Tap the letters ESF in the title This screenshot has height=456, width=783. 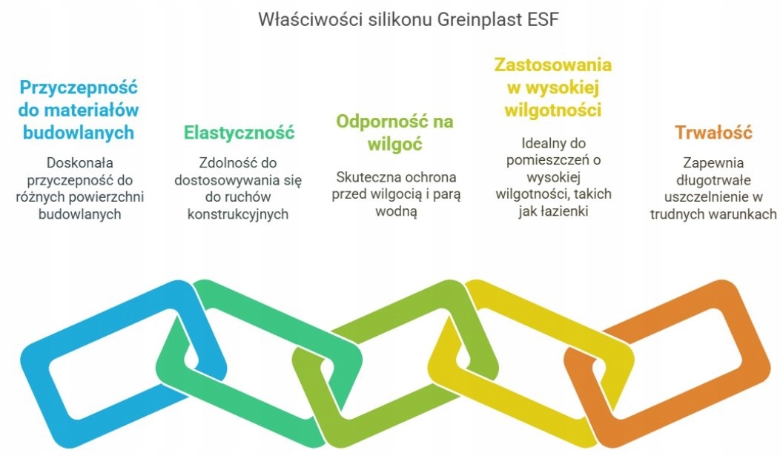pyautogui.click(x=543, y=19)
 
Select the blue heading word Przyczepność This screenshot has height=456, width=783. pyautogui.click(x=79, y=88)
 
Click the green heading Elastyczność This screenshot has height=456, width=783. pyautogui.click(x=239, y=133)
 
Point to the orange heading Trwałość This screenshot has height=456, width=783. pyautogui.click(x=713, y=133)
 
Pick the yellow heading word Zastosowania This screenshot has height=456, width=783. pyautogui.click(x=553, y=65)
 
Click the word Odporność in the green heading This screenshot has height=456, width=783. pyautogui.click(x=375, y=122)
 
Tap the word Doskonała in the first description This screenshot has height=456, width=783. pyautogui.click(x=80, y=163)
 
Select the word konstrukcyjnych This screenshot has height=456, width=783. pyautogui.click(x=238, y=214)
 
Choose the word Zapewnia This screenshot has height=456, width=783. pyautogui.click(x=713, y=163)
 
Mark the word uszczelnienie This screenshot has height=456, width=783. pyautogui.click(x=701, y=196)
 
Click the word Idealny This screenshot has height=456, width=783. pyautogui.click(x=542, y=143)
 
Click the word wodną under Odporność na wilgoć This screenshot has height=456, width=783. pyautogui.click(x=396, y=212)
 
